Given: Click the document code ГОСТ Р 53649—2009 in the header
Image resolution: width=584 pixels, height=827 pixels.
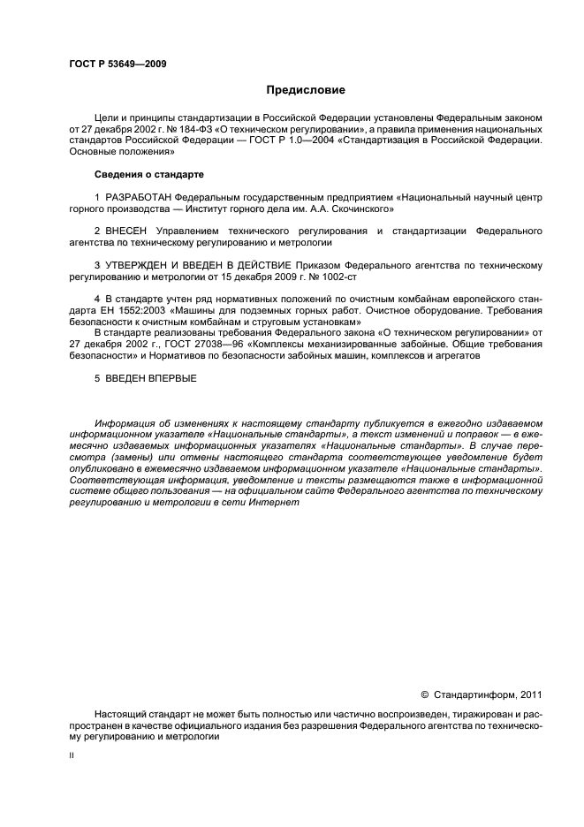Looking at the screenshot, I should click(118, 64).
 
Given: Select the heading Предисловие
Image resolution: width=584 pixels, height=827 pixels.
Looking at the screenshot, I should click(306, 90).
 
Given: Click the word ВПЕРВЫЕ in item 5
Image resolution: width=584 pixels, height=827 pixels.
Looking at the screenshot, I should click(172, 378).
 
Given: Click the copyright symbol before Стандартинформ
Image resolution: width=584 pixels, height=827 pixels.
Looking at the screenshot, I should click(424, 695).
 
